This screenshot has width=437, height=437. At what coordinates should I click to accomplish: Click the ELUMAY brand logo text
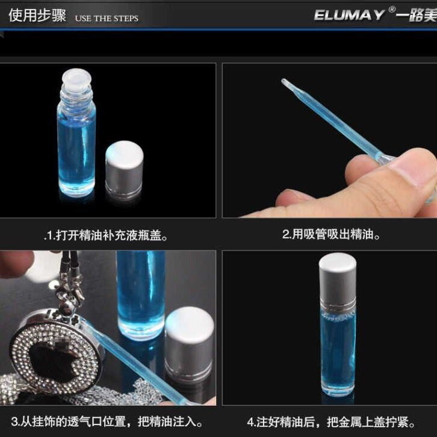coord(349,15)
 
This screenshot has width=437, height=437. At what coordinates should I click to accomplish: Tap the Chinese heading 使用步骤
coord(37,15)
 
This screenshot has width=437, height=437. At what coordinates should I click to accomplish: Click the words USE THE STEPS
coord(107,19)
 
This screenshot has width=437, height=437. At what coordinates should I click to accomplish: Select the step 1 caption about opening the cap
coord(106,235)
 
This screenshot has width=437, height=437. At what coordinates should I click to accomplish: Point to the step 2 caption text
coord(331,234)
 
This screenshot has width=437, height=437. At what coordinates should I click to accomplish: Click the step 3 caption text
coord(107,421)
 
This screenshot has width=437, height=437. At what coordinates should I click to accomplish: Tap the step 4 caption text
coord(331,422)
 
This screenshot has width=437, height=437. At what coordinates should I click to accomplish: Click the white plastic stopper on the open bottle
coord(76,76)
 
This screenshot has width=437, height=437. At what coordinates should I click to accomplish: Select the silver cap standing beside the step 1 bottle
coord(125,170)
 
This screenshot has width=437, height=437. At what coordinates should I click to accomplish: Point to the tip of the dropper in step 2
coord(283,81)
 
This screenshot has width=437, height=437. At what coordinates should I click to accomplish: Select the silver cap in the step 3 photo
coord(189,343)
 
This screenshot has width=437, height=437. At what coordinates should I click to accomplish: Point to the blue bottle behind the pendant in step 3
coord(141,295)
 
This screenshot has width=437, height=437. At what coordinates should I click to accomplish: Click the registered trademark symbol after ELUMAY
coord(392,10)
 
